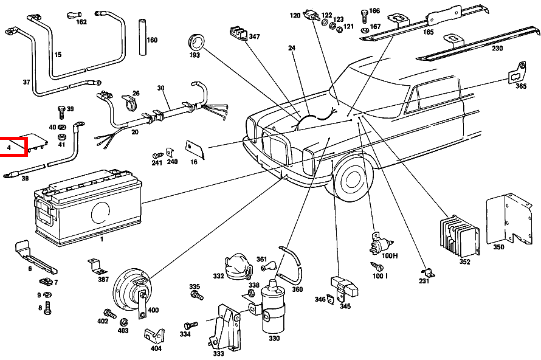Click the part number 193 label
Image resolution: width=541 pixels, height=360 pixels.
tap(195, 55)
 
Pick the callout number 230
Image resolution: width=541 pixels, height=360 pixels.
tap(497, 49)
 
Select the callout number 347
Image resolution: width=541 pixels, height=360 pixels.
tap(253, 37)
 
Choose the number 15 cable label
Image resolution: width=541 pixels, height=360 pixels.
tap(58, 55)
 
